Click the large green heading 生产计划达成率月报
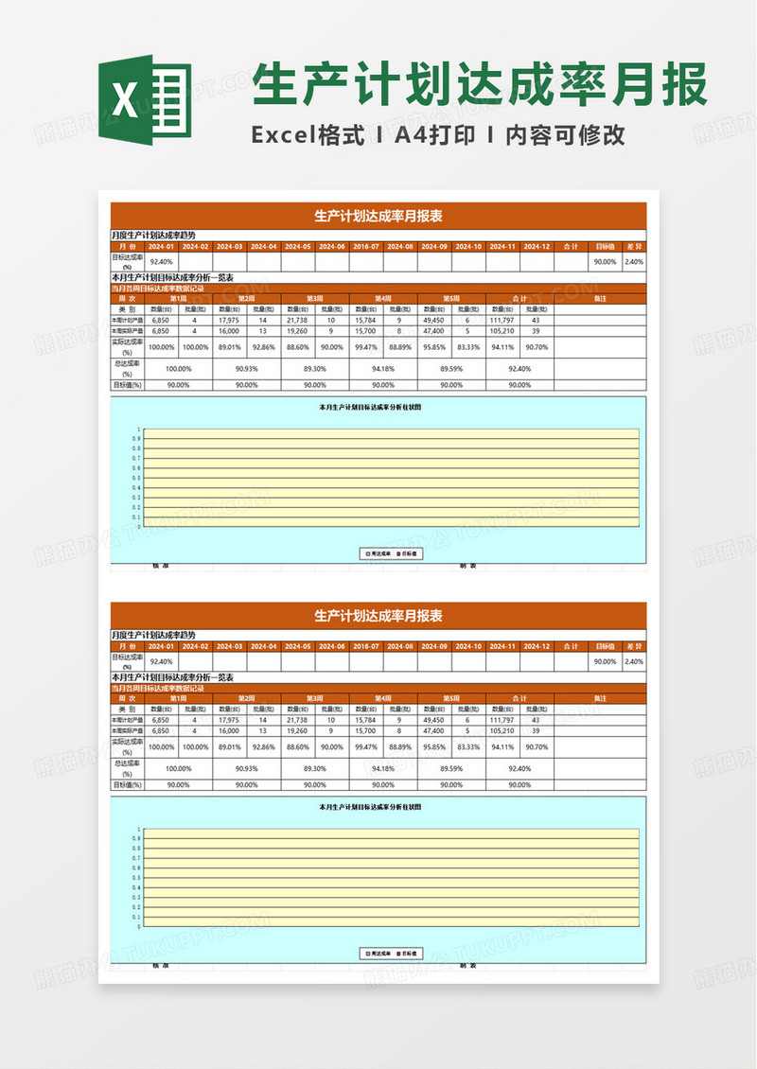pos(481,86)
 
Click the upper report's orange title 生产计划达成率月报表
pos(378,216)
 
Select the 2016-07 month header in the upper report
pos(366,246)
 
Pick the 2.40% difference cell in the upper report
pos(634,262)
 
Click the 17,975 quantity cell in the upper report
pos(229,321)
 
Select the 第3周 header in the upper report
pos(314,299)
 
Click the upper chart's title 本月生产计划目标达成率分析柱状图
pos(370,408)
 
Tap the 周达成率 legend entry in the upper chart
pos(379,553)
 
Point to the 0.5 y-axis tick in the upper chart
pos(138,478)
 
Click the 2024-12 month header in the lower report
pos(536,646)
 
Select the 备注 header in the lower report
pos(599,698)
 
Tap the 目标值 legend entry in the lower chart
pos(410,953)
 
